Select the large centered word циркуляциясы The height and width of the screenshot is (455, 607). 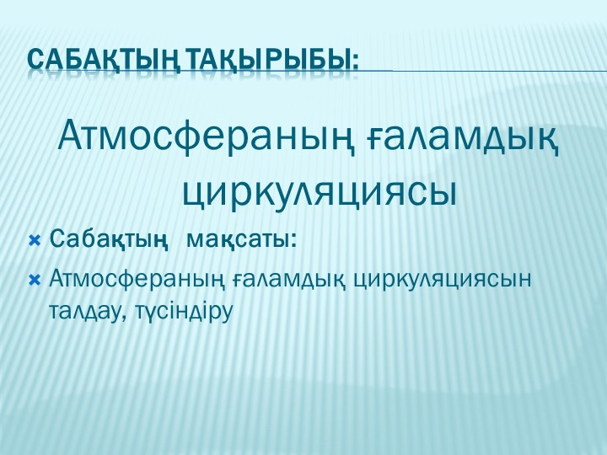coord(320,190)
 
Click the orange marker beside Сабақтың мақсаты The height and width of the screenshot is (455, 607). coord(35,241)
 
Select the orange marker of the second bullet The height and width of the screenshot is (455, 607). coord(35,278)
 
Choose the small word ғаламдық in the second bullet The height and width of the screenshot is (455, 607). coord(287,278)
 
